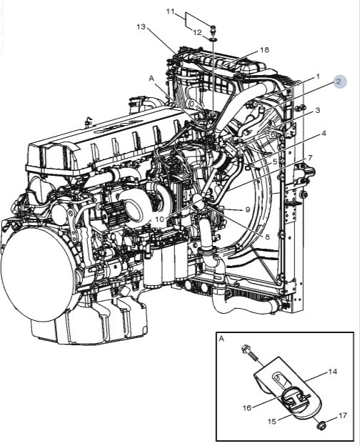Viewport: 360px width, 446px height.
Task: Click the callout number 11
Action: pyautogui.click(x=170, y=11)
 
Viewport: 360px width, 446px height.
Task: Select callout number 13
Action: pyautogui.click(x=141, y=26)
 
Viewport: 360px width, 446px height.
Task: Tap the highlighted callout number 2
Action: pyautogui.click(x=339, y=81)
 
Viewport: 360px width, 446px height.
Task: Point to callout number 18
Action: pyautogui.click(x=264, y=50)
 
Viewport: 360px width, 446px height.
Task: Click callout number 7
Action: pyautogui.click(x=310, y=157)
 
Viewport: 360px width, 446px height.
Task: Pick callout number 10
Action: pyautogui.click(x=160, y=219)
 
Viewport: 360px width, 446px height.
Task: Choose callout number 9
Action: pyautogui.click(x=248, y=209)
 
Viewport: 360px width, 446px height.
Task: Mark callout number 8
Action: pyautogui.click(x=267, y=237)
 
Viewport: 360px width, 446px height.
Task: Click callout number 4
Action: pyautogui.click(x=324, y=133)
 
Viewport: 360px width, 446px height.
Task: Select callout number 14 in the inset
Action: pyautogui.click(x=333, y=372)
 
